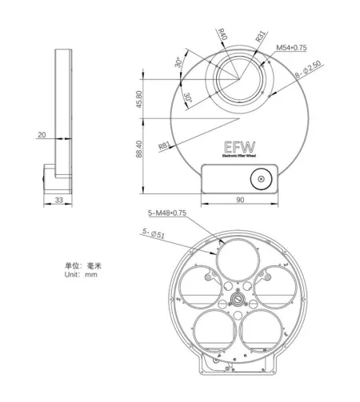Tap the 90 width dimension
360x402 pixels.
point(239,200)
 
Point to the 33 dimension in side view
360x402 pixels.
point(59,200)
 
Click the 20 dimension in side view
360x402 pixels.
point(41,135)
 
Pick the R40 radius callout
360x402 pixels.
point(223,35)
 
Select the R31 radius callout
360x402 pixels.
point(261,37)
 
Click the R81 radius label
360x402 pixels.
point(164,145)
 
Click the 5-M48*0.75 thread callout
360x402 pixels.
point(168,213)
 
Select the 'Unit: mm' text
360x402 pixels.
point(81,273)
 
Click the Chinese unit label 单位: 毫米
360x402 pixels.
point(83,265)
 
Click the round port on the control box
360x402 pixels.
point(261,179)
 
